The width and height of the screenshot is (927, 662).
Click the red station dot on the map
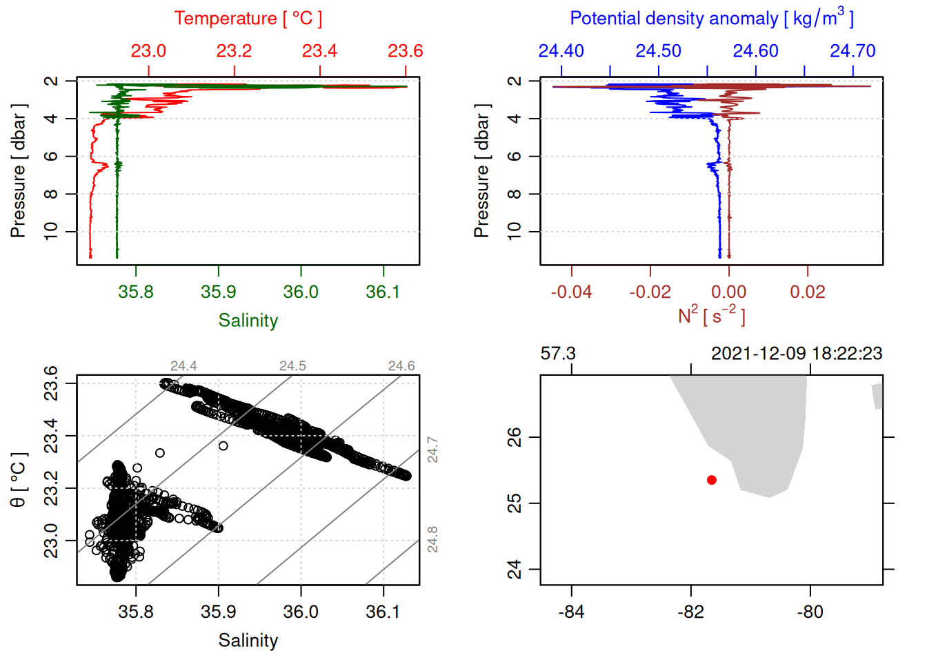(x=711, y=480)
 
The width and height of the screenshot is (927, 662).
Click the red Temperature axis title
(x=248, y=19)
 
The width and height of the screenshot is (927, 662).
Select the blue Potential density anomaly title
(x=711, y=19)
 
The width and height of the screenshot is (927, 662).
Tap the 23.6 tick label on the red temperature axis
(x=405, y=51)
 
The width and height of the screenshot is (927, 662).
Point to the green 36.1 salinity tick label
(x=383, y=292)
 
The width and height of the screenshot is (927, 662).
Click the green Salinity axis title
(x=248, y=321)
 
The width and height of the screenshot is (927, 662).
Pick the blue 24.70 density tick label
(x=853, y=51)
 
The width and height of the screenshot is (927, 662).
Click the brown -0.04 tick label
(x=571, y=292)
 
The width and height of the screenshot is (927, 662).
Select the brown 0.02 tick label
(x=807, y=292)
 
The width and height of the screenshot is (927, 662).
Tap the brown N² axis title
(x=711, y=316)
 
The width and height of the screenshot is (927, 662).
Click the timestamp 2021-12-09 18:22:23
(x=797, y=354)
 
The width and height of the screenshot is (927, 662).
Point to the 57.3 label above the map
(x=558, y=354)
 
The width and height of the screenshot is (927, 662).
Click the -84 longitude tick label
(x=571, y=612)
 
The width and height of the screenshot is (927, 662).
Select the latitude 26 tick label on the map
(x=515, y=437)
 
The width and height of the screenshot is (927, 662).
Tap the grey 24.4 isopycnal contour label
(x=183, y=366)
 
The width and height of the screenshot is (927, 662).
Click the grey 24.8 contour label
(x=432, y=539)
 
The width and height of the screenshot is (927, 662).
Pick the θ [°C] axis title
(x=19, y=480)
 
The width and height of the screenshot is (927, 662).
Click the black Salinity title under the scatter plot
(x=248, y=641)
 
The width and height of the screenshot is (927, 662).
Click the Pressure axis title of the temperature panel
(x=19, y=171)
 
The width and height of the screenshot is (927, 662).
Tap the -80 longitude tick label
(x=810, y=612)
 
